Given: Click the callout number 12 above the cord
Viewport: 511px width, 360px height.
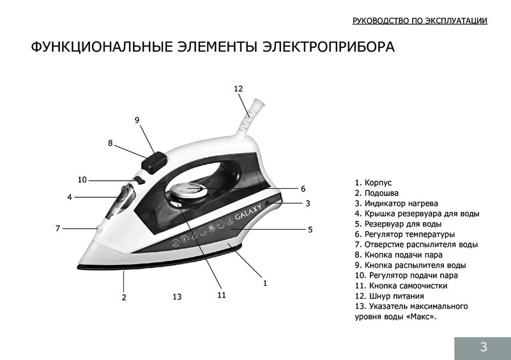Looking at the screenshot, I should coord(238,89).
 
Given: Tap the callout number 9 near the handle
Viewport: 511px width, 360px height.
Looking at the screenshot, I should coord(137,120).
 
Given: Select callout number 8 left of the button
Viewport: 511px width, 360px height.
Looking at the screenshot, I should coord(110,144).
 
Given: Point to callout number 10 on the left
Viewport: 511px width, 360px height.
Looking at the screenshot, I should coord(82,179).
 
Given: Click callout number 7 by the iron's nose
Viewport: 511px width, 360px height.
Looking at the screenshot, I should coord(57,228).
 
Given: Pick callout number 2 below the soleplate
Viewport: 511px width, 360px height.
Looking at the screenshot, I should coord(124,297).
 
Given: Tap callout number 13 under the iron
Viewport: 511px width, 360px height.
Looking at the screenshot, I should coord(177,297).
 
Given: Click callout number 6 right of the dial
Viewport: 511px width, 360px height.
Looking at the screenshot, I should coord(303,189).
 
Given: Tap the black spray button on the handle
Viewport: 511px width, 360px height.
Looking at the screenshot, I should coord(154,160).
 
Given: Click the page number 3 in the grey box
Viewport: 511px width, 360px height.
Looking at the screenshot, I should coord(484,347).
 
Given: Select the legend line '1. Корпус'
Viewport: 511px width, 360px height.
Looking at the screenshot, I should coord(373,183).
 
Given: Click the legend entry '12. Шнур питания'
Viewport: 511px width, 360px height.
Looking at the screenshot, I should coord(389,296).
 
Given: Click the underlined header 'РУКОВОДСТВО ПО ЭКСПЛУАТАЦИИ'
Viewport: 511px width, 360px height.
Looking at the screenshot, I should coord(420,21).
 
